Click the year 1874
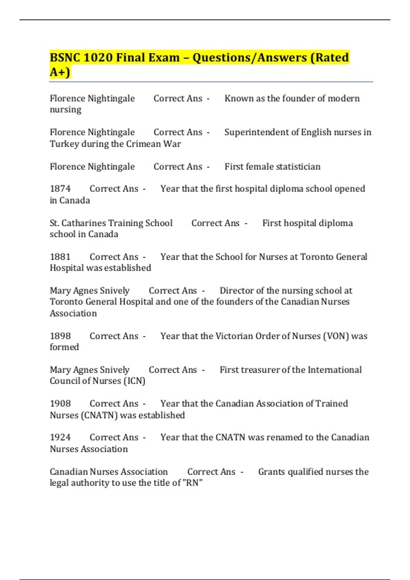pyautogui.click(x=60, y=189)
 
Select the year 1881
pyautogui.click(x=60, y=257)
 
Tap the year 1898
pyautogui.click(x=60, y=336)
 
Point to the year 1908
pyautogui.click(x=60, y=404)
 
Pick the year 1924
pyautogui.click(x=60, y=437)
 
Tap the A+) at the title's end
pyautogui.click(x=60, y=72)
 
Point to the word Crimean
pyautogui.click(x=143, y=144)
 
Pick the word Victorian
pyautogui.click(x=235, y=336)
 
